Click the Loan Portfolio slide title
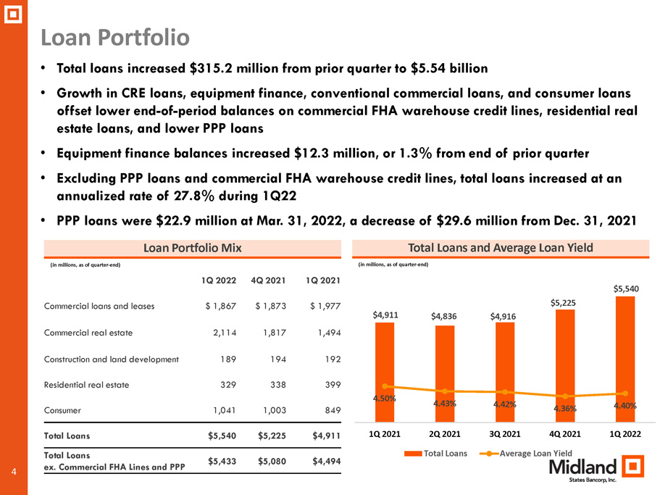tap(115, 37)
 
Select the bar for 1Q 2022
tap(625, 359)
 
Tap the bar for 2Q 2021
tap(445, 374)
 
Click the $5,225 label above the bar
tap(563, 303)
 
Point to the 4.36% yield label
tap(565, 408)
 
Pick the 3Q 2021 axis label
tap(505, 434)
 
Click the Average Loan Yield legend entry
tap(526, 454)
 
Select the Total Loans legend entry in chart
tap(435, 454)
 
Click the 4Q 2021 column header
tap(268, 280)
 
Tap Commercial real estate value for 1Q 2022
tap(225, 333)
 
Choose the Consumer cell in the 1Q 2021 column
tap(333, 410)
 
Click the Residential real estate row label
tap(86, 385)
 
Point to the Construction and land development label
tap(111, 359)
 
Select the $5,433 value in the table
tap(222, 462)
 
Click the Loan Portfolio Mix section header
tap(193, 248)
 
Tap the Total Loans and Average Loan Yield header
tap(501, 248)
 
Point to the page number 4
tap(14, 472)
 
